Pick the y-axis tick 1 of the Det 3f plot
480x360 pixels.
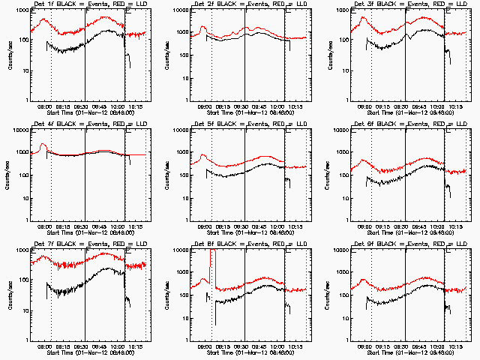click(x=347, y=100)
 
